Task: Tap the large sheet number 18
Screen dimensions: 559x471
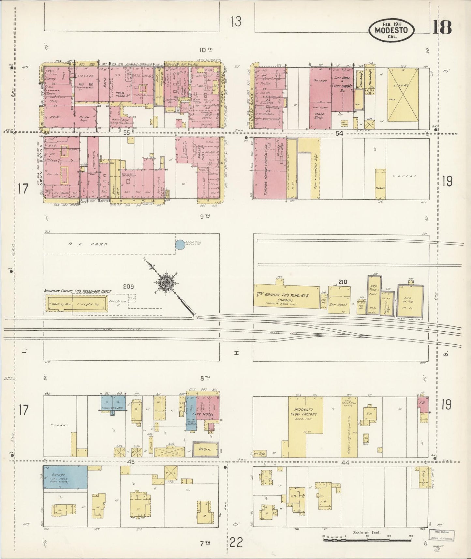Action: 442,27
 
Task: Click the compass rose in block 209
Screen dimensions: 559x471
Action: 166,283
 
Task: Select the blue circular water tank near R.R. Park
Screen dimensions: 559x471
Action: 179,245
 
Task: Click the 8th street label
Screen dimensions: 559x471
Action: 204,378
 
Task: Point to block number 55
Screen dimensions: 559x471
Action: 126,133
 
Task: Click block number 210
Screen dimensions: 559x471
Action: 343,282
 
